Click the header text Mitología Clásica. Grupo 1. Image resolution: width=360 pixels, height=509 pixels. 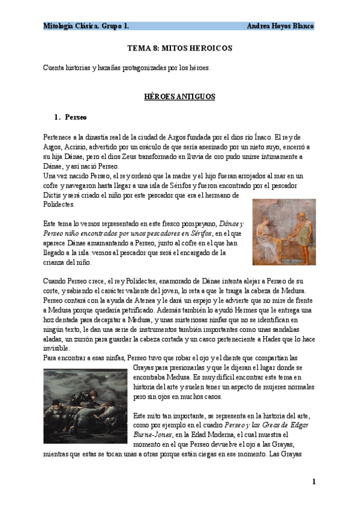(86, 26)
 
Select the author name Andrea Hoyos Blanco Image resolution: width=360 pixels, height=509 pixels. (280, 26)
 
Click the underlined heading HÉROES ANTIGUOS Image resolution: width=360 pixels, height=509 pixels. (179, 96)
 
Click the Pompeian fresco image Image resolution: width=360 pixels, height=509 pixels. (284, 232)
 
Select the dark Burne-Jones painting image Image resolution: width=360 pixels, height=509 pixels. (85, 406)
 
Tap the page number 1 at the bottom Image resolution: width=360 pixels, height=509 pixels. (313, 482)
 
